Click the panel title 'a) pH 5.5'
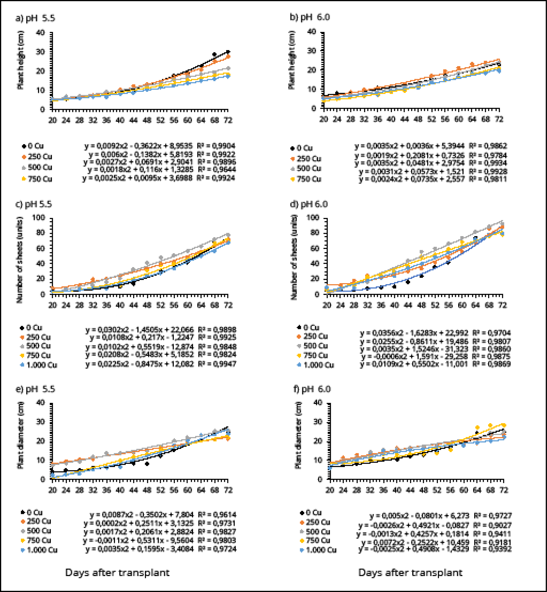point(35,18)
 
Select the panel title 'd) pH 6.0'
point(309,204)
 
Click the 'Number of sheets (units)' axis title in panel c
point(20,260)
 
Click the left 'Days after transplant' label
point(117,572)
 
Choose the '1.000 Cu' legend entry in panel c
point(39,365)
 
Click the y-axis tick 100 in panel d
point(313,218)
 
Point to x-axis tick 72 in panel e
point(228,490)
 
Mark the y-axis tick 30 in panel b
point(312,51)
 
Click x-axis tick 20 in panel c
point(53,305)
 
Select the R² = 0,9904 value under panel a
point(216,146)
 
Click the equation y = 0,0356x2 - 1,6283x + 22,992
point(414,333)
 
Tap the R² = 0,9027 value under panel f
point(492,525)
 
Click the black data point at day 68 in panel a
point(214,54)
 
